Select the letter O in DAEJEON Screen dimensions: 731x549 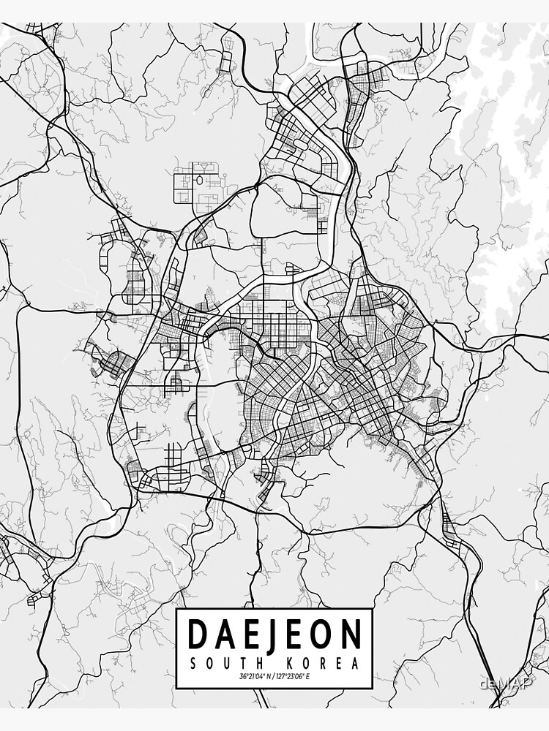[x=323, y=635]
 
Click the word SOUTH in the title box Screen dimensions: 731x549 [x=225, y=664]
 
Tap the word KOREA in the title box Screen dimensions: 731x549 [x=324, y=664]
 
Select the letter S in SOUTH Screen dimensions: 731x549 [x=193, y=664]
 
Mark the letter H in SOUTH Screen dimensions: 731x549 [x=258, y=664]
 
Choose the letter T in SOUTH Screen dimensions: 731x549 [x=242, y=664]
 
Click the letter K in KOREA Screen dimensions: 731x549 [x=291, y=664]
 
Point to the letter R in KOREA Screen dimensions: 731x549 [x=324, y=664]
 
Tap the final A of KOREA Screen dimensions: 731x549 [x=356, y=664]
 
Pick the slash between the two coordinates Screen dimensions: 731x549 [x=274, y=678]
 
